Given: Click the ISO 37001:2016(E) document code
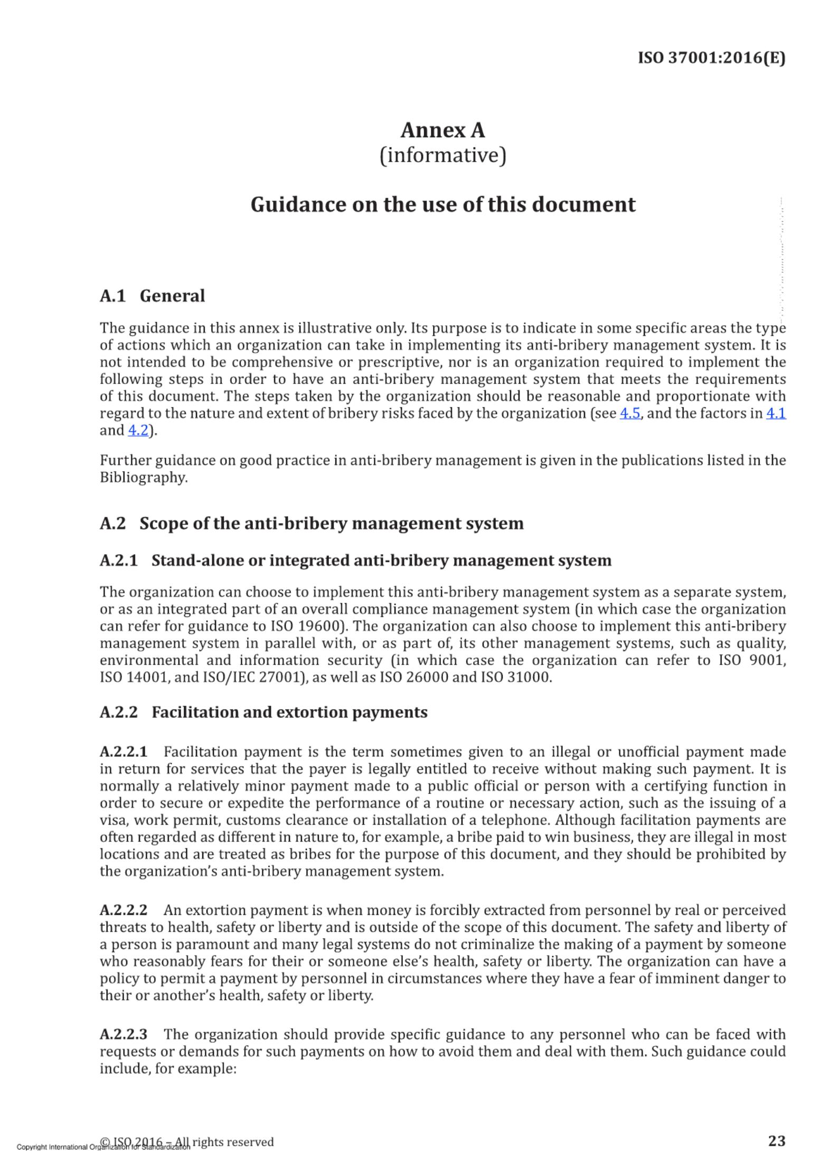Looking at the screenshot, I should tap(711, 58).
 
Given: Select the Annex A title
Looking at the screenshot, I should tap(442, 130).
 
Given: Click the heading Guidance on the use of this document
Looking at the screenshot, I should tap(442, 204).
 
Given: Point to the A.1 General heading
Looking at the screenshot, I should tap(152, 296).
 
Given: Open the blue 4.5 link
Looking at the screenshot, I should tap(630, 413).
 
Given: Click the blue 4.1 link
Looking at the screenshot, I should tap(776, 413).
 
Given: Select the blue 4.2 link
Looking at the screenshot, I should tap(138, 430).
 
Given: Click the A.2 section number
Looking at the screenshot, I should tap(113, 523).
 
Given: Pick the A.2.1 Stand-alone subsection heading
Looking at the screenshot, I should tap(355, 560).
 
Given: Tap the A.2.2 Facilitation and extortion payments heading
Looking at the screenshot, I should tap(263, 712).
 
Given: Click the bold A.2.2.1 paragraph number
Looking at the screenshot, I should tap(124, 752).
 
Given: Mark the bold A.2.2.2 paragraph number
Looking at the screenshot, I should tap(124, 910).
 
